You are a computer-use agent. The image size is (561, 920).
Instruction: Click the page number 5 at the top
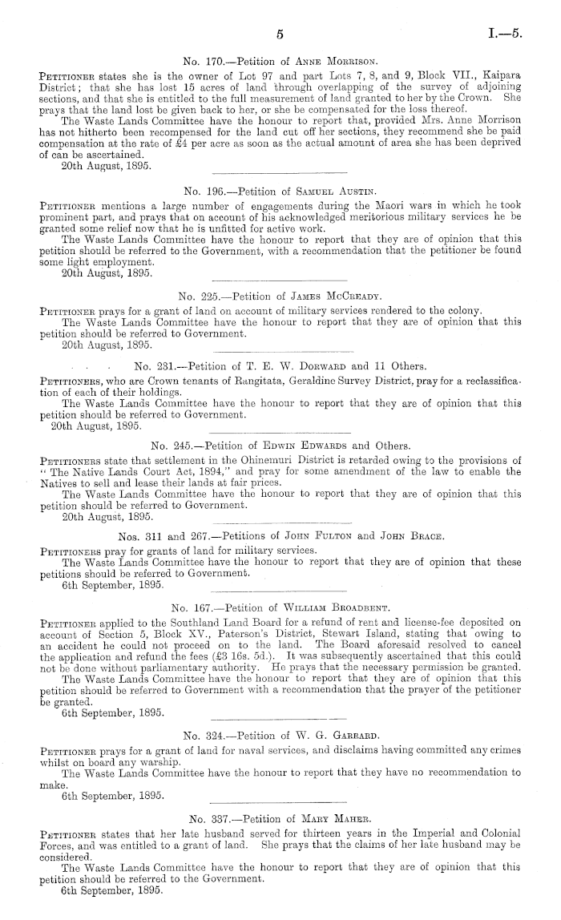click(280, 34)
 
